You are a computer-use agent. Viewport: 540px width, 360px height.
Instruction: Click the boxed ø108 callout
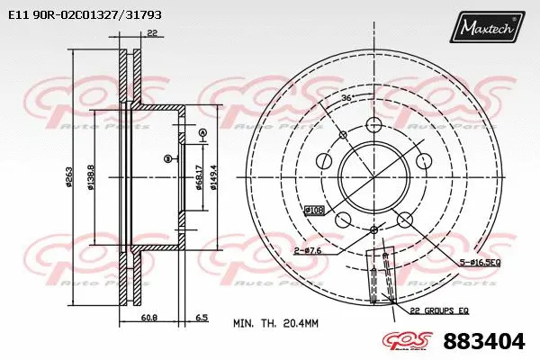click(314, 210)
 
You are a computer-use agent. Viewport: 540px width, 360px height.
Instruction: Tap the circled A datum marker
click(202, 133)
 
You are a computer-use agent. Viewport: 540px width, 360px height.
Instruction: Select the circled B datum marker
click(167, 159)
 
